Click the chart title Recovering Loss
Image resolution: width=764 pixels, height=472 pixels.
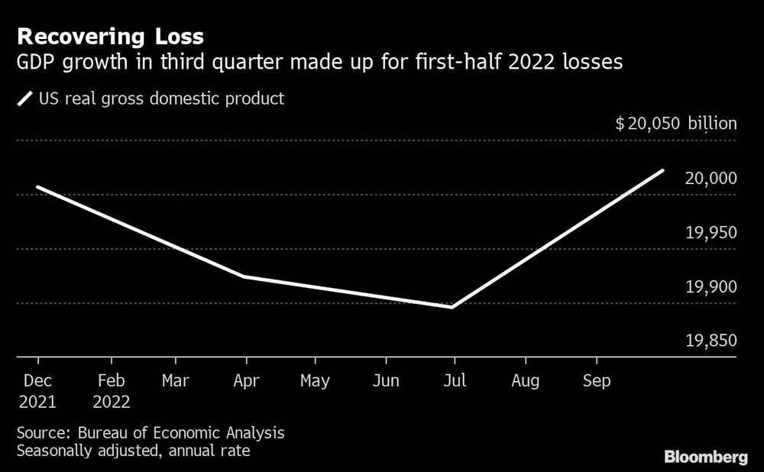click(x=110, y=36)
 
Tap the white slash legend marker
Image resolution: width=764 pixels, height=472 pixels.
click(x=25, y=99)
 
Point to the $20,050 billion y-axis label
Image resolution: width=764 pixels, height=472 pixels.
click(x=676, y=124)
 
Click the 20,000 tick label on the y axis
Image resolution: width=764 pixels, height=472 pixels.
click(x=711, y=178)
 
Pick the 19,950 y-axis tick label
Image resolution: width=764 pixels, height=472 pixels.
click(x=711, y=232)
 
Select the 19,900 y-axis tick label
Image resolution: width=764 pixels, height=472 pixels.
click(x=711, y=286)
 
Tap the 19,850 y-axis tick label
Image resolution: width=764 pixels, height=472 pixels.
click(x=711, y=341)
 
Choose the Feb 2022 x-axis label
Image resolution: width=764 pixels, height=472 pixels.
click(x=112, y=390)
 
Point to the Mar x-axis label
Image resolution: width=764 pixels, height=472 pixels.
click(x=176, y=380)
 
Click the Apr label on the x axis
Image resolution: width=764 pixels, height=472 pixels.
click(x=245, y=380)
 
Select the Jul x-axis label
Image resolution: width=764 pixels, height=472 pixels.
click(x=454, y=380)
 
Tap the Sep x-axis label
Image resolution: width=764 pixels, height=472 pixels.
click(x=597, y=380)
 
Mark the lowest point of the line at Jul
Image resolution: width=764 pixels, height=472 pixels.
click(x=453, y=307)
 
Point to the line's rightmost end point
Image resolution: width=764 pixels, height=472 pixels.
click(x=662, y=170)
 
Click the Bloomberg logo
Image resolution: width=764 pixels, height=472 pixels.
click(x=705, y=457)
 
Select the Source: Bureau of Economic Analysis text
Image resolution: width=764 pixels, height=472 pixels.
click(x=151, y=433)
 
